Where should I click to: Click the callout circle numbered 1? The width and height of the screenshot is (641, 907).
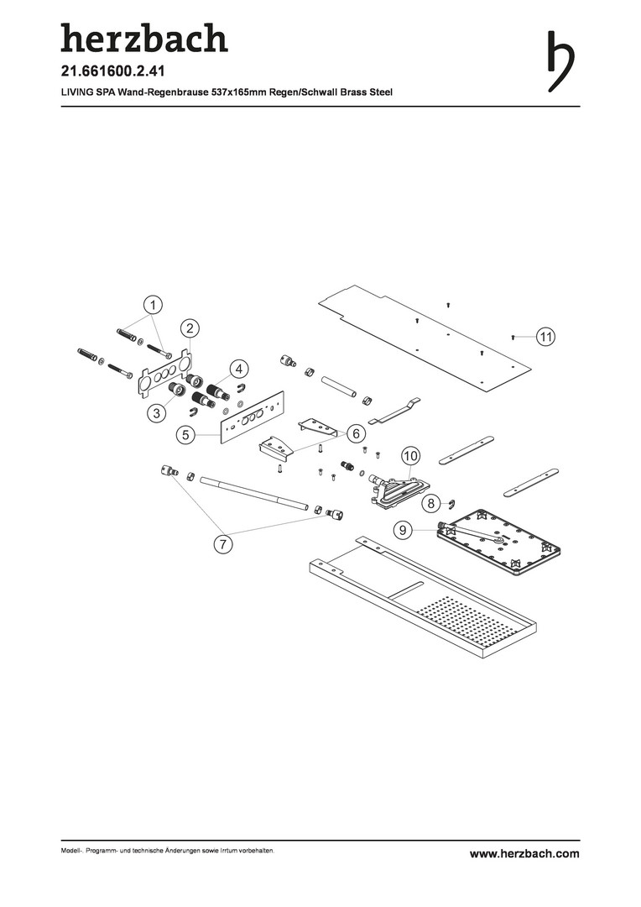point(153,304)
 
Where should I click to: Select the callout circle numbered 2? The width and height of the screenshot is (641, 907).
point(190,328)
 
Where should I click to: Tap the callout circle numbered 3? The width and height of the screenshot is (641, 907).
point(157,413)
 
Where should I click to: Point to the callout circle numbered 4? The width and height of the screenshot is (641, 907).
point(238,369)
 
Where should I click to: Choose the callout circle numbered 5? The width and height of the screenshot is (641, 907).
point(185,435)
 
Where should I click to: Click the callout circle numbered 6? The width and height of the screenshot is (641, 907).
point(356,433)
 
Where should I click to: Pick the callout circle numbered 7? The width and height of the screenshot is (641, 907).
point(223,544)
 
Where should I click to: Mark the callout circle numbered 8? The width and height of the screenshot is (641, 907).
point(430,503)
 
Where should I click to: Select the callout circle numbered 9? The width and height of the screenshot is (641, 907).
point(403,529)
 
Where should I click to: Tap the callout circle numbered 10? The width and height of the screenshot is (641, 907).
point(410,456)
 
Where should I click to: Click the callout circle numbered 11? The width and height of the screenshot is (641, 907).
point(545,336)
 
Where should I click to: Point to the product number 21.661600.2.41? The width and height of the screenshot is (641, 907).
point(112,71)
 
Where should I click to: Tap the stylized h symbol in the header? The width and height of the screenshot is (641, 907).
point(560,60)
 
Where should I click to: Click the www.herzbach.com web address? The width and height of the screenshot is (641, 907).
point(524,854)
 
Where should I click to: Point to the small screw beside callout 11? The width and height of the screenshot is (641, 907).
point(513,336)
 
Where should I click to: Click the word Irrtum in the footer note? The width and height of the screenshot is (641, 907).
point(221,851)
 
